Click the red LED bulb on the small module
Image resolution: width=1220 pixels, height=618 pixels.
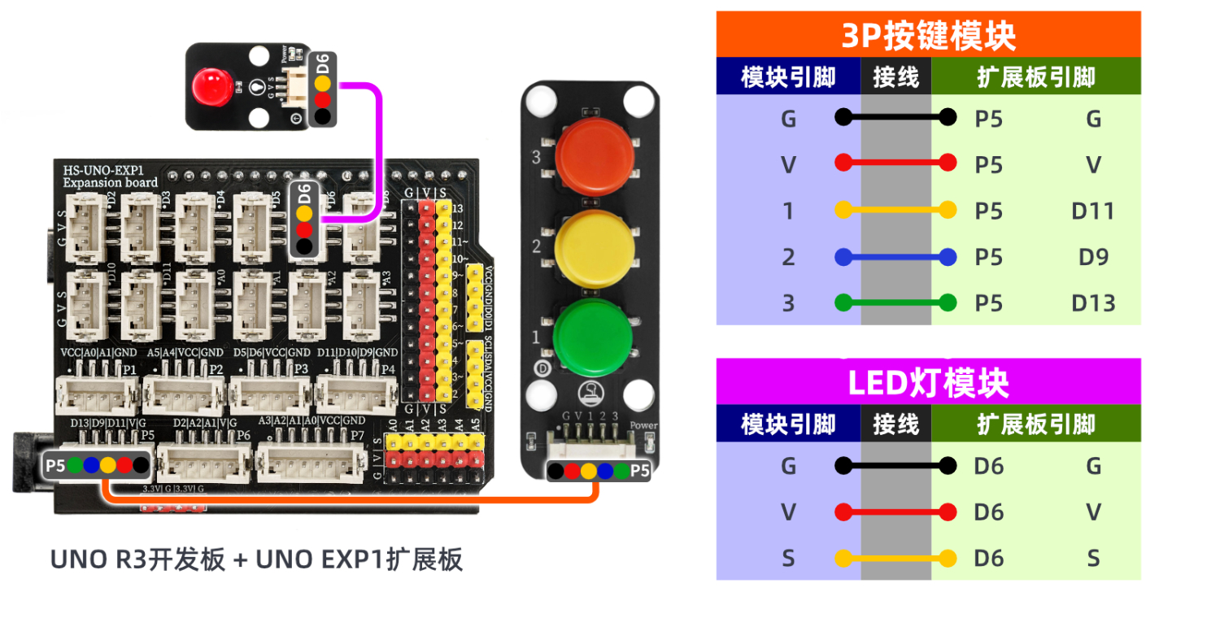click(209, 85)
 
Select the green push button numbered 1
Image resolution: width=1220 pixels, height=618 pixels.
click(593, 337)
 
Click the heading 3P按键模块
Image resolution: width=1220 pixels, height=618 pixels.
click(928, 36)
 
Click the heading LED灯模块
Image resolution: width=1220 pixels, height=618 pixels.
click(928, 383)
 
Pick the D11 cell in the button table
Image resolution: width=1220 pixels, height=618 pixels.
click(1092, 211)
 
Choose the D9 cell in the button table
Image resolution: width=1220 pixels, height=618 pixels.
click(1093, 257)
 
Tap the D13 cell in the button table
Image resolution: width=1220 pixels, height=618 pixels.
click(1092, 303)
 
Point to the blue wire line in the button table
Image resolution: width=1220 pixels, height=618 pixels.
click(895, 257)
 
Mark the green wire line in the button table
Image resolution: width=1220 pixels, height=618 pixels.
click(895, 303)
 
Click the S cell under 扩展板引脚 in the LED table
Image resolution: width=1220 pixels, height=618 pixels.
click(1092, 559)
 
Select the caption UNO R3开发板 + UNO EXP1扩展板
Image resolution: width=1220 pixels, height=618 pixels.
click(257, 559)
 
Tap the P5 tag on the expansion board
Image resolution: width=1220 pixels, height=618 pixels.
click(54, 466)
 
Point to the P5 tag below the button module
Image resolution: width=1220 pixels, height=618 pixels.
click(640, 471)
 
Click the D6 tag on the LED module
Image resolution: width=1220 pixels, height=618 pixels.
click(323, 60)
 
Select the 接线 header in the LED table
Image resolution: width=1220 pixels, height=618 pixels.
click(895, 424)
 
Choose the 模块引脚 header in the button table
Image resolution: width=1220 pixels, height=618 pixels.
click(788, 78)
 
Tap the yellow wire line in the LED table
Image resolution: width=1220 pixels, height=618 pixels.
click(895, 559)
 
